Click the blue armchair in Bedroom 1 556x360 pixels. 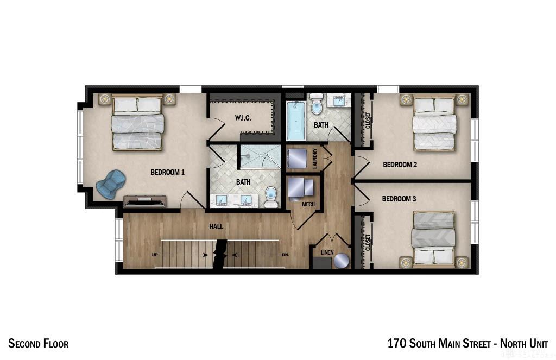click(x=111, y=184)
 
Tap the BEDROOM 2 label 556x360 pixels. click(x=400, y=165)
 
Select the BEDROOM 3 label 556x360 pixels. click(x=399, y=199)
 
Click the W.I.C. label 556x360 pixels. click(x=243, y=118)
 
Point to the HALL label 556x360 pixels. click(x=216, y=226)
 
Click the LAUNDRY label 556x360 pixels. click(x=315, y=158)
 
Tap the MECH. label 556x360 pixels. click(x=308, y=204)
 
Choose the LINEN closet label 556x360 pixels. click(x=327, y=252)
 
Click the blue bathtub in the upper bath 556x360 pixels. click(x=296, y=121)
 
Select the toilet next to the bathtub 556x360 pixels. click(x=317, y=104)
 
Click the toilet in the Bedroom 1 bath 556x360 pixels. click(x=271, y=197)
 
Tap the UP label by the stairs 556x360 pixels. click(x=155, y=255)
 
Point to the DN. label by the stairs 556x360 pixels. click(x=286, y=255)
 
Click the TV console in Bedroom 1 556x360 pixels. click(x=144, y=201)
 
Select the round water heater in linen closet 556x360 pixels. click(x=341, y=261)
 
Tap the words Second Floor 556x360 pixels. click(x=39, y=343)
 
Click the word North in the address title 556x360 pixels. click(x=513, y=343)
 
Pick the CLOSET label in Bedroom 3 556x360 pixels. click(x=368, y=242)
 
